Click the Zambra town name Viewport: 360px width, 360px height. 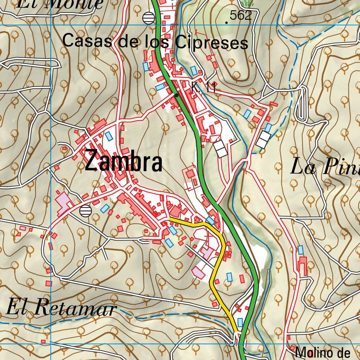pos(123,161)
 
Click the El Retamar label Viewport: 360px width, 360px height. pos(62,308)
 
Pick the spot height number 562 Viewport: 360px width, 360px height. pos(241,15)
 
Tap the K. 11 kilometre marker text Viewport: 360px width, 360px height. pos(203,88)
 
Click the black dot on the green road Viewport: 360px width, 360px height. pos(176,95)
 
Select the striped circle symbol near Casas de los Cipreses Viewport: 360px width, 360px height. pos(149,18)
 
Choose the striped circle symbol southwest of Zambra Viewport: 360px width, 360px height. pos(85,211)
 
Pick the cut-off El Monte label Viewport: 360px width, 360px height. pos(60,4)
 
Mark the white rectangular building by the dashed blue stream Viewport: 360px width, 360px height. pos(263,139)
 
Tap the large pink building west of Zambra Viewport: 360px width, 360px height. pos(63,204)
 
